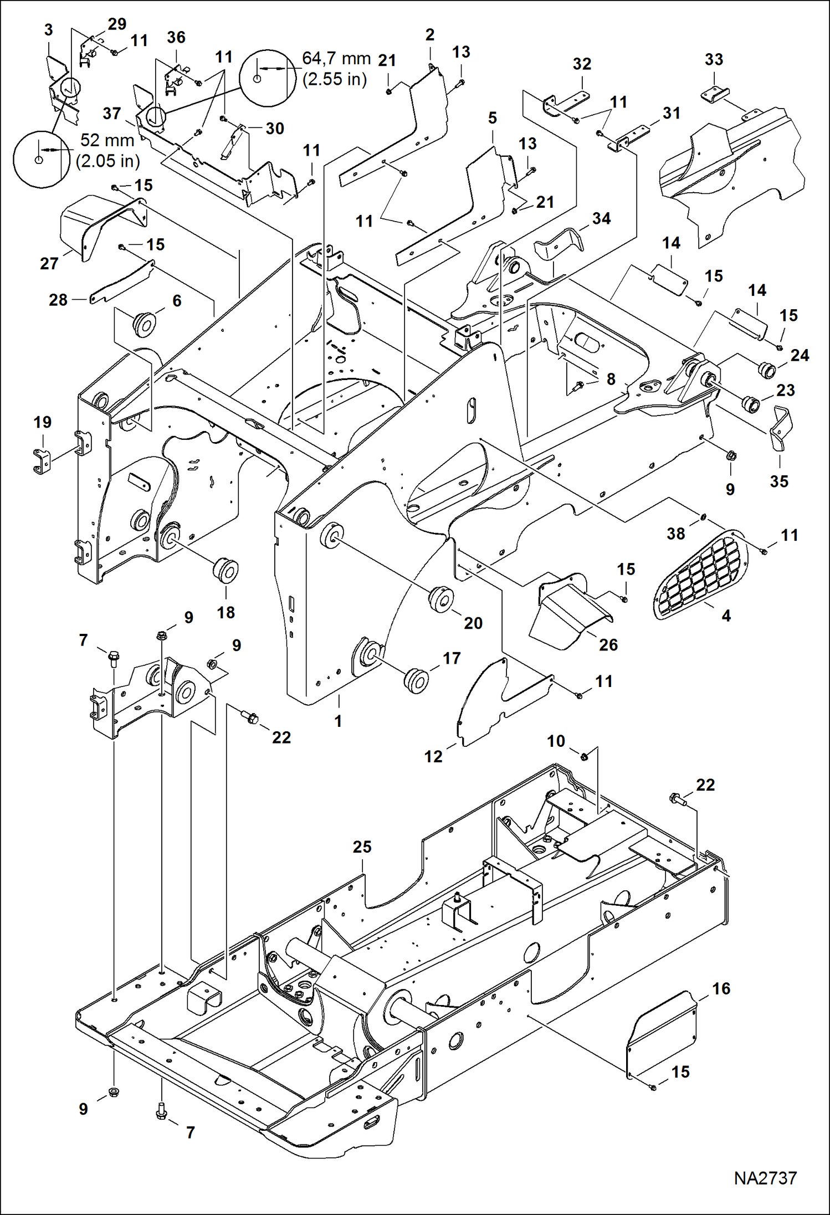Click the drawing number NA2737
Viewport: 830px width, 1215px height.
coord(765,1178)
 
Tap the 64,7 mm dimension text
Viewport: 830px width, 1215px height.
coord(336,58)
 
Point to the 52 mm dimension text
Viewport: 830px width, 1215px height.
coord(107,140)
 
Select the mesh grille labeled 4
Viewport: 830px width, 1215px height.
coord(700,574)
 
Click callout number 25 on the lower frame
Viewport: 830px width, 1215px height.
coord(362,847)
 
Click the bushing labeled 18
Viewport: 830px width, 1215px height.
coord(226,571)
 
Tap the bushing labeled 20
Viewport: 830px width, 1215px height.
coord(442,600)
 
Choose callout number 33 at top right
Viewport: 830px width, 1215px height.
coord(714,59)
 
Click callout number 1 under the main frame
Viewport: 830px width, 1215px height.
coord(338,721)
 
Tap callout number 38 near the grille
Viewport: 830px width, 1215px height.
coord(675,534)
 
